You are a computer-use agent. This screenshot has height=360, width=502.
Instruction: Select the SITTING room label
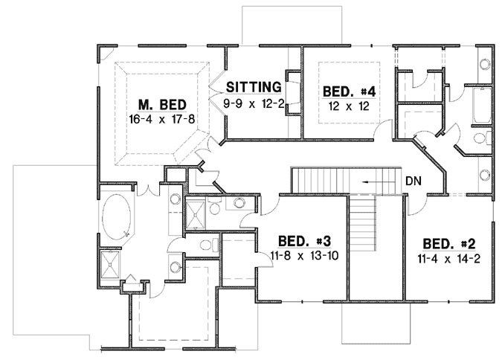(x=254, y=86)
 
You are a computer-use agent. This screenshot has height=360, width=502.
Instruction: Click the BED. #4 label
(x=349, y=91)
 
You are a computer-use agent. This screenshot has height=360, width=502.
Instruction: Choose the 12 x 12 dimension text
(x=349, y=106)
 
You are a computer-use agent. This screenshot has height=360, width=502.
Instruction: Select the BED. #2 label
(x=447, y=244)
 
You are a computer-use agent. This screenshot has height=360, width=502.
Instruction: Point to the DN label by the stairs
(x=415, y=181)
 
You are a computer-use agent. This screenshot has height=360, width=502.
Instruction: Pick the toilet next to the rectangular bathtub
(x=480, y=138)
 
